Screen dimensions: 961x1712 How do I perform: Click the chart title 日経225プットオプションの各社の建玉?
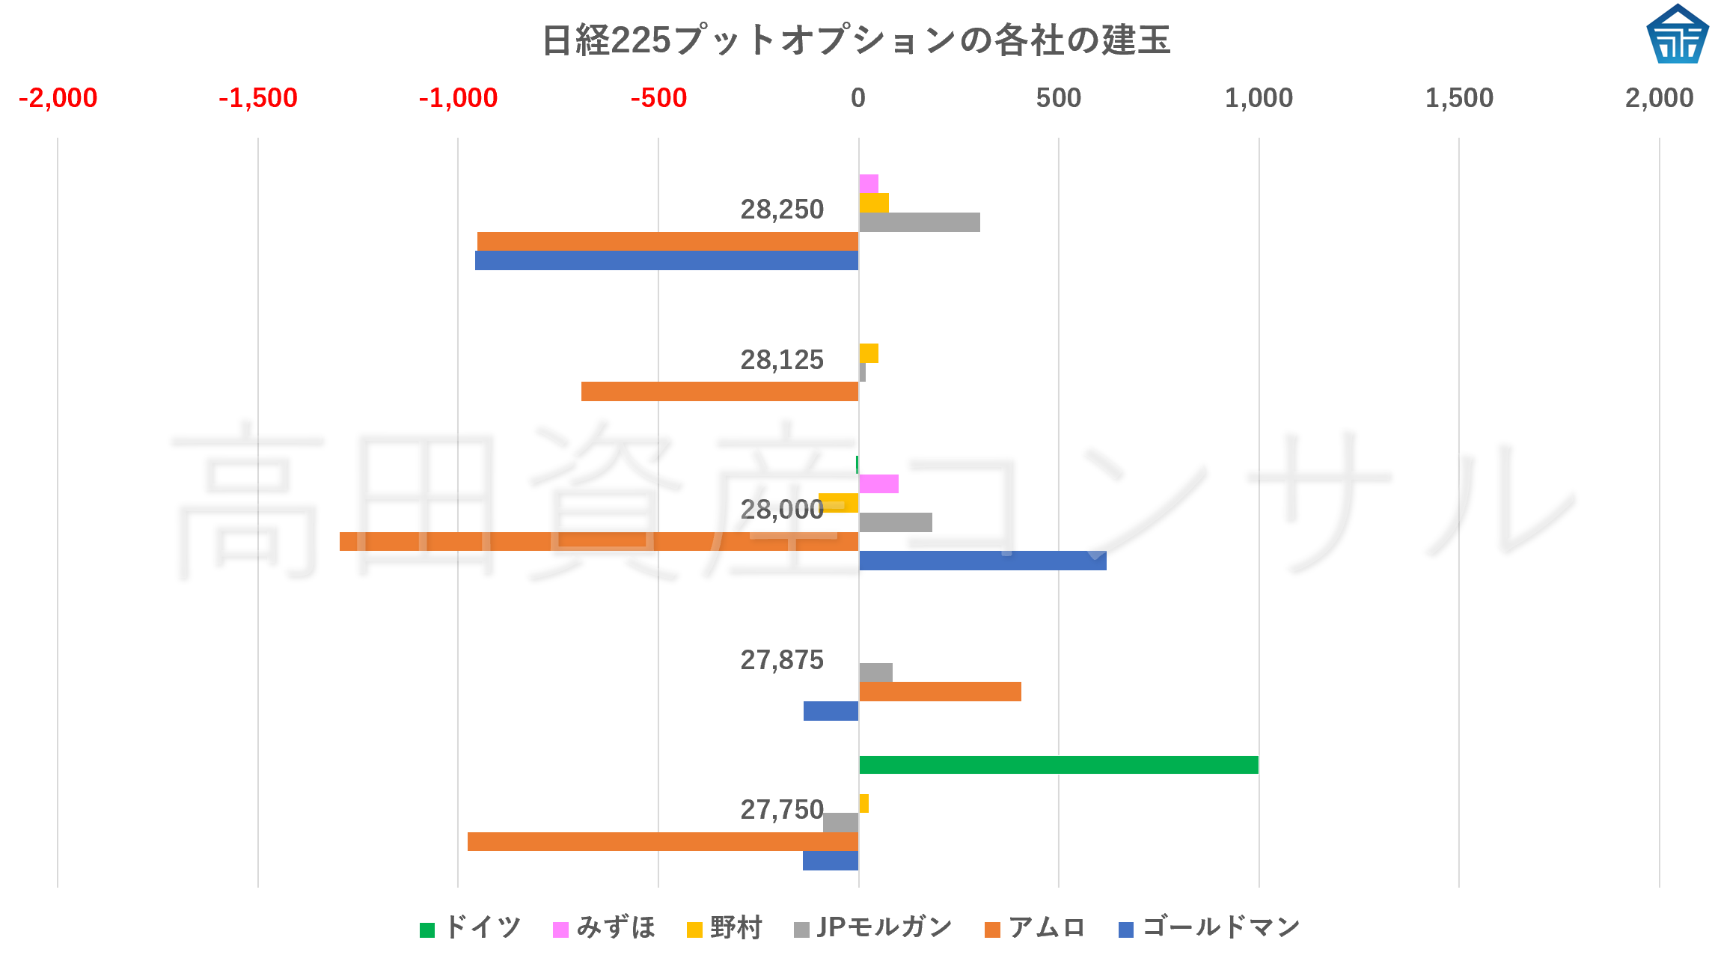tap(855, 40)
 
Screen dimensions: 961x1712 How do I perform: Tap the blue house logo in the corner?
tap(1677, 34)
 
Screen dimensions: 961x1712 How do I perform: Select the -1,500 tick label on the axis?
tap(258, 98)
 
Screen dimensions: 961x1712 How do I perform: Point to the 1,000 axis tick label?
tap(1259, 98)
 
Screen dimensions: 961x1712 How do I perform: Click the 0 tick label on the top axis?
tap(858, 98)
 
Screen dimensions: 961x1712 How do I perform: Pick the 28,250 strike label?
tap(782, 210)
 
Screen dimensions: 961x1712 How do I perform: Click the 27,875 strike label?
tap(782, 660)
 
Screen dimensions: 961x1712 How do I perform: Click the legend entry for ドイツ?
tap(471, 928)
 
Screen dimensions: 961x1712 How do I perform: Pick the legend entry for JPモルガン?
tap(873, 928)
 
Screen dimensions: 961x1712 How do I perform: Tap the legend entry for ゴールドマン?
tap(1209, 928)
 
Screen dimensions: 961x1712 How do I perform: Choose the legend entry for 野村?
tap(724, 928)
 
